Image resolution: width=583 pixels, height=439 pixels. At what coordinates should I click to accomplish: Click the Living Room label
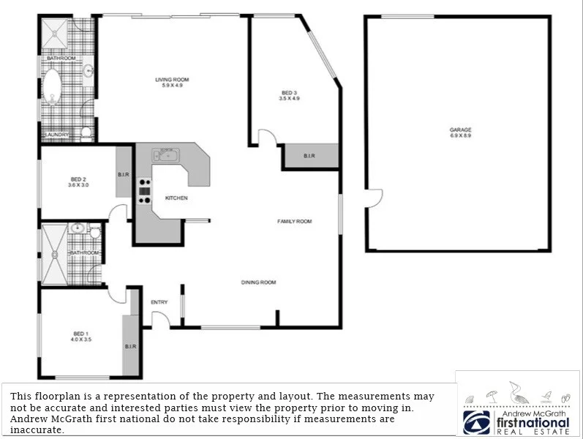(172, 79)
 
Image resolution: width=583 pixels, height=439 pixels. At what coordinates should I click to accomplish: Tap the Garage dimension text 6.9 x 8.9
(461, 136)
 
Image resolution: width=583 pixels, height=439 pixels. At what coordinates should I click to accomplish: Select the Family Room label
(294, 221)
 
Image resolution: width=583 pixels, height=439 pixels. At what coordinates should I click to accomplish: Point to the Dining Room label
(259, 282)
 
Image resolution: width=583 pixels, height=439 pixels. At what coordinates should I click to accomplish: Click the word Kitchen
(176, 198)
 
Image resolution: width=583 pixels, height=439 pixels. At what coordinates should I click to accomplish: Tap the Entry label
(159, 302)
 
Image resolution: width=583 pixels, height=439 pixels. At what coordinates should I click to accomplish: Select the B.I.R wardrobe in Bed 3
(309, 157)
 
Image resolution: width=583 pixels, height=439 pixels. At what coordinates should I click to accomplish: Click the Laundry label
(57, 135)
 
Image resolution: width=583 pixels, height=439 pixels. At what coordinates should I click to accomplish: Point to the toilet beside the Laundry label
(86, 132)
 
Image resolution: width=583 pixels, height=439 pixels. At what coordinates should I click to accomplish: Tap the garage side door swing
(375, 197)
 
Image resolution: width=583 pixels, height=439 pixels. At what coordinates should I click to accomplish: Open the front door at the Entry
(160, 319)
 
